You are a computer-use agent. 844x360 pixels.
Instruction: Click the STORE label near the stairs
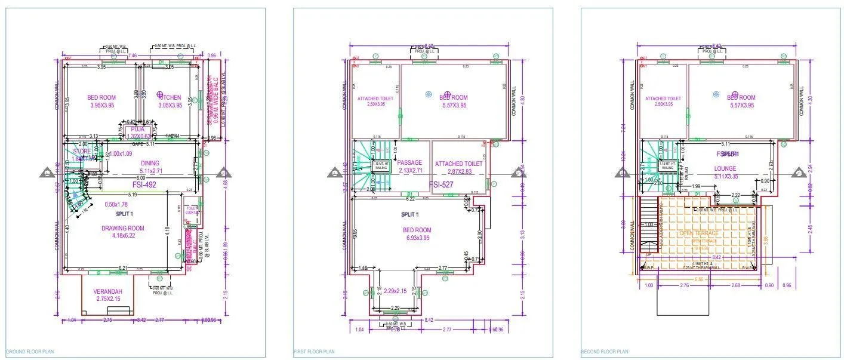[82, 152]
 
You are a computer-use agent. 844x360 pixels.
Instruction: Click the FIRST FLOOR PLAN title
[315, 352]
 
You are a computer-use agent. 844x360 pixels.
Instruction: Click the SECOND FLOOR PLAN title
[604, 352]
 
